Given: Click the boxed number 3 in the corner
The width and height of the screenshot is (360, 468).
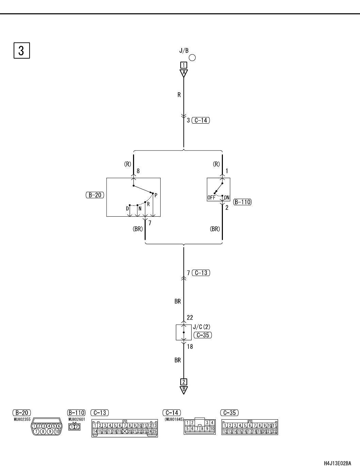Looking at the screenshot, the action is pos(21,50).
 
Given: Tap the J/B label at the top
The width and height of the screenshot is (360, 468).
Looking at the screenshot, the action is pos(184,51).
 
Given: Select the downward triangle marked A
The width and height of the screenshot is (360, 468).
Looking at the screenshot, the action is pos(184,73).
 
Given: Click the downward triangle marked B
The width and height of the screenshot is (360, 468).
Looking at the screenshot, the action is pos(184,390).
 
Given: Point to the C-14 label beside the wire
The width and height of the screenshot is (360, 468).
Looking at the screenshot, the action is pos(201,120).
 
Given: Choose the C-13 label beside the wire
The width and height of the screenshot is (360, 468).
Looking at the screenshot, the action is pos(201,273).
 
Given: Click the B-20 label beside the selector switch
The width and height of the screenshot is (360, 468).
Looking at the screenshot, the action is pos(95,195).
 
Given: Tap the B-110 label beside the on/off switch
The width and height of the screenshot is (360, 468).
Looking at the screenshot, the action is pos(242,202).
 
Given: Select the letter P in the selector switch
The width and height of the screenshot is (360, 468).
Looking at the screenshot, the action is pos(156,196).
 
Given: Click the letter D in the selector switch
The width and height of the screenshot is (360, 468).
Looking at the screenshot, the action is pos(128,208).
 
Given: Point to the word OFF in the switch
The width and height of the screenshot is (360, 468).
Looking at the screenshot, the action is pos(211,198).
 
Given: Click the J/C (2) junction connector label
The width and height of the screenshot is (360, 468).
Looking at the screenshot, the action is pos(201,327).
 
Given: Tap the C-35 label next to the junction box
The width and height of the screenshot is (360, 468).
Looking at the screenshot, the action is pos(202,335).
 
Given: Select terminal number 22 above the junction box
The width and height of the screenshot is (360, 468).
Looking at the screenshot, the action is pos(190,317).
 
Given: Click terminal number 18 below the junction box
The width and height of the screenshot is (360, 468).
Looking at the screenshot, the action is pos(190,347).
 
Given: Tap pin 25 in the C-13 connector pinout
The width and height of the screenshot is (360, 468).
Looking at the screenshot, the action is pos(154,431).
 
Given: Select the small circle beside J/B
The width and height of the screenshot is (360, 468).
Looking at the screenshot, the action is pos(192,58).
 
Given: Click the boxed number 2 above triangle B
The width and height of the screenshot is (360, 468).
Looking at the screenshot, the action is pos(184,382).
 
